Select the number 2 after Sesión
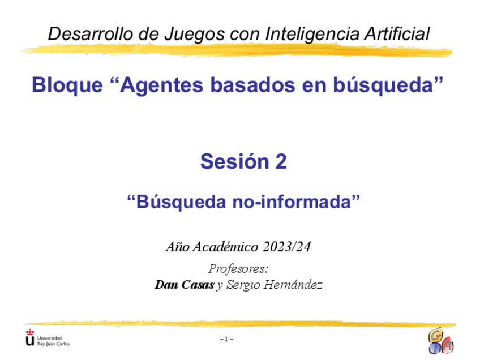pyautogui.click(x=280, y=162)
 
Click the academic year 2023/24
pyautogui.click(x=287, y=247)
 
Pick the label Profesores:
pyautogui.click(x=238, y=268)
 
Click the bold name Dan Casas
pyautogui.click(x=185, y=285)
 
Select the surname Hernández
pyautogui.click(x=295, y=285)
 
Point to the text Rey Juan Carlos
pyautogui.click(x=53, y=343)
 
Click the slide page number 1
pyautogui.click(x=226, y=339)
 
